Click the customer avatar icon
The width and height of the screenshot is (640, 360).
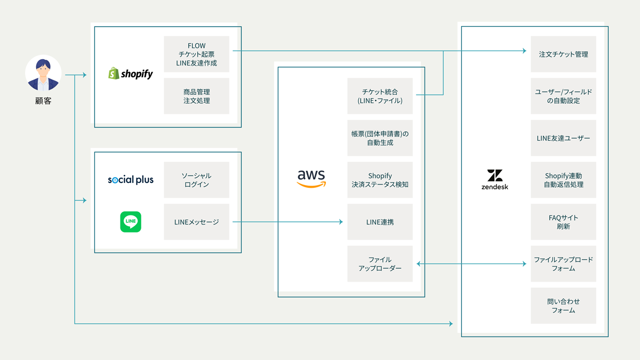[43, 73]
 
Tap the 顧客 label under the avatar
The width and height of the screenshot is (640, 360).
[43, 101]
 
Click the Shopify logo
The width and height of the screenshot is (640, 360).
[131, 74]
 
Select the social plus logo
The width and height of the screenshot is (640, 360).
[131, 180]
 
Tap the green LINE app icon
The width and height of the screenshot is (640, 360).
[131, 222]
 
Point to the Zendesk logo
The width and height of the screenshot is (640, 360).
[495, 179]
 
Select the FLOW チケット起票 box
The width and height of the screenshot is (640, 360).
[197, 54]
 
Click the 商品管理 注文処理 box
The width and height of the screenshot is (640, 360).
[197, 96]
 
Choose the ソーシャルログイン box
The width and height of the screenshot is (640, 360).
[197, 180]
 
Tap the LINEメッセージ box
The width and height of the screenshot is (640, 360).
[197, 222]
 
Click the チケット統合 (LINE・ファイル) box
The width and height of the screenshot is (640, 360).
[380, 96]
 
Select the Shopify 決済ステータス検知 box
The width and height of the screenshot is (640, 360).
[380, 180]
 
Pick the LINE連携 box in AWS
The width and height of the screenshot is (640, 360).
[380, 222]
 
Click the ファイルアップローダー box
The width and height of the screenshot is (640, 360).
[380, 263]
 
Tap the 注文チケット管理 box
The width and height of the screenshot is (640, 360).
[563, 54]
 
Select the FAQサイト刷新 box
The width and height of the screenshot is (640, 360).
[563, 222]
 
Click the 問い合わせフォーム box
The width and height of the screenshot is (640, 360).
[563, 306]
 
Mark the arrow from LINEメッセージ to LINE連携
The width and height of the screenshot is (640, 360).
[287, 222]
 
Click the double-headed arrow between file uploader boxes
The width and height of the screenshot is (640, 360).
[471, 263]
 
